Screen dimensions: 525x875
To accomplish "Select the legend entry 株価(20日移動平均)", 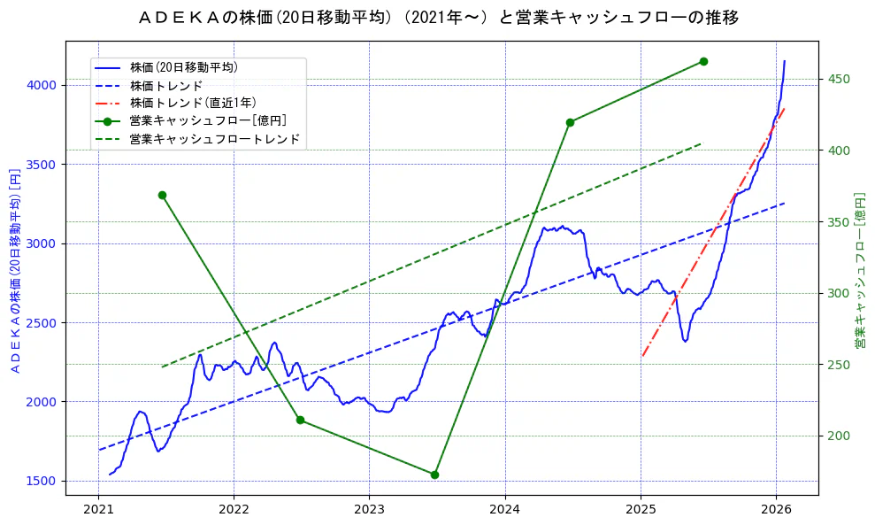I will point(183,67).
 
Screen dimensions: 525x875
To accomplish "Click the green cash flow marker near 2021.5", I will point(162,195).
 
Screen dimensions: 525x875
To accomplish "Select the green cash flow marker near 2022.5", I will point(300,420).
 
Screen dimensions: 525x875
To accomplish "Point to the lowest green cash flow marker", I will point(434,475).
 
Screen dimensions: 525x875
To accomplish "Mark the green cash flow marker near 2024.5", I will point(570,122).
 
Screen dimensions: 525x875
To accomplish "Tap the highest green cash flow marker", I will point(703,61).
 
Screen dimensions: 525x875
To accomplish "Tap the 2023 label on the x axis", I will point(369,509).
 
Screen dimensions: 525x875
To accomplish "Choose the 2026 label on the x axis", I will point(776,509).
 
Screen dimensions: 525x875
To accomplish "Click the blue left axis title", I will point(14,270).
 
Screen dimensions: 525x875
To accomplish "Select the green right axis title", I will point(860,270).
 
